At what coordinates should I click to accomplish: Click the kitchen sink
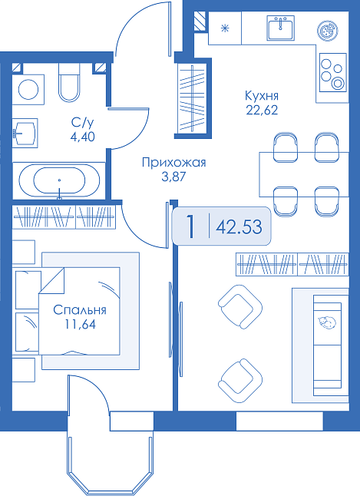[x=280, y=28]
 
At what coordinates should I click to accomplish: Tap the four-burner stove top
[x=333, y=73]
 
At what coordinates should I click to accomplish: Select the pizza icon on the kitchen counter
[x=327, y=31]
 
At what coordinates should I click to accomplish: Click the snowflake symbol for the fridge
[x=225, y=28]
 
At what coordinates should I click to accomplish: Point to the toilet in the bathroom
[x=68, y=82]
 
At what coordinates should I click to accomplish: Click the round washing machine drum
[x=28, y=89]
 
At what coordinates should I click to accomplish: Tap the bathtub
[x=59, y=180]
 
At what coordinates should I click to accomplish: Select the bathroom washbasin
[x=25, y=133]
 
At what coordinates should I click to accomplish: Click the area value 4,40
[x=83, y=137]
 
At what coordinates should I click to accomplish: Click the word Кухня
[x=262, y=95]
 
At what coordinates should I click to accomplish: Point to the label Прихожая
[x=173, y=163]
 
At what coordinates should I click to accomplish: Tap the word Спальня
[x=80, y=310]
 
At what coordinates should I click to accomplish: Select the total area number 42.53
[x=239, y=227]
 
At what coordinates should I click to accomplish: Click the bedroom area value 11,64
[x=80, y=324]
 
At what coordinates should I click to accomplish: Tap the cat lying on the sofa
[x=327, y=322]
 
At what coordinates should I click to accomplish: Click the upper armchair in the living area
[x=240, y=306]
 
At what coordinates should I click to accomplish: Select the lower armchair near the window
[x=240, y=381]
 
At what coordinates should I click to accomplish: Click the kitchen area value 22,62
[x=262, y=110]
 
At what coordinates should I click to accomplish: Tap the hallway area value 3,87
[x=173, y=177]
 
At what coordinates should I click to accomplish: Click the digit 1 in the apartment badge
[x=190, y=226]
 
